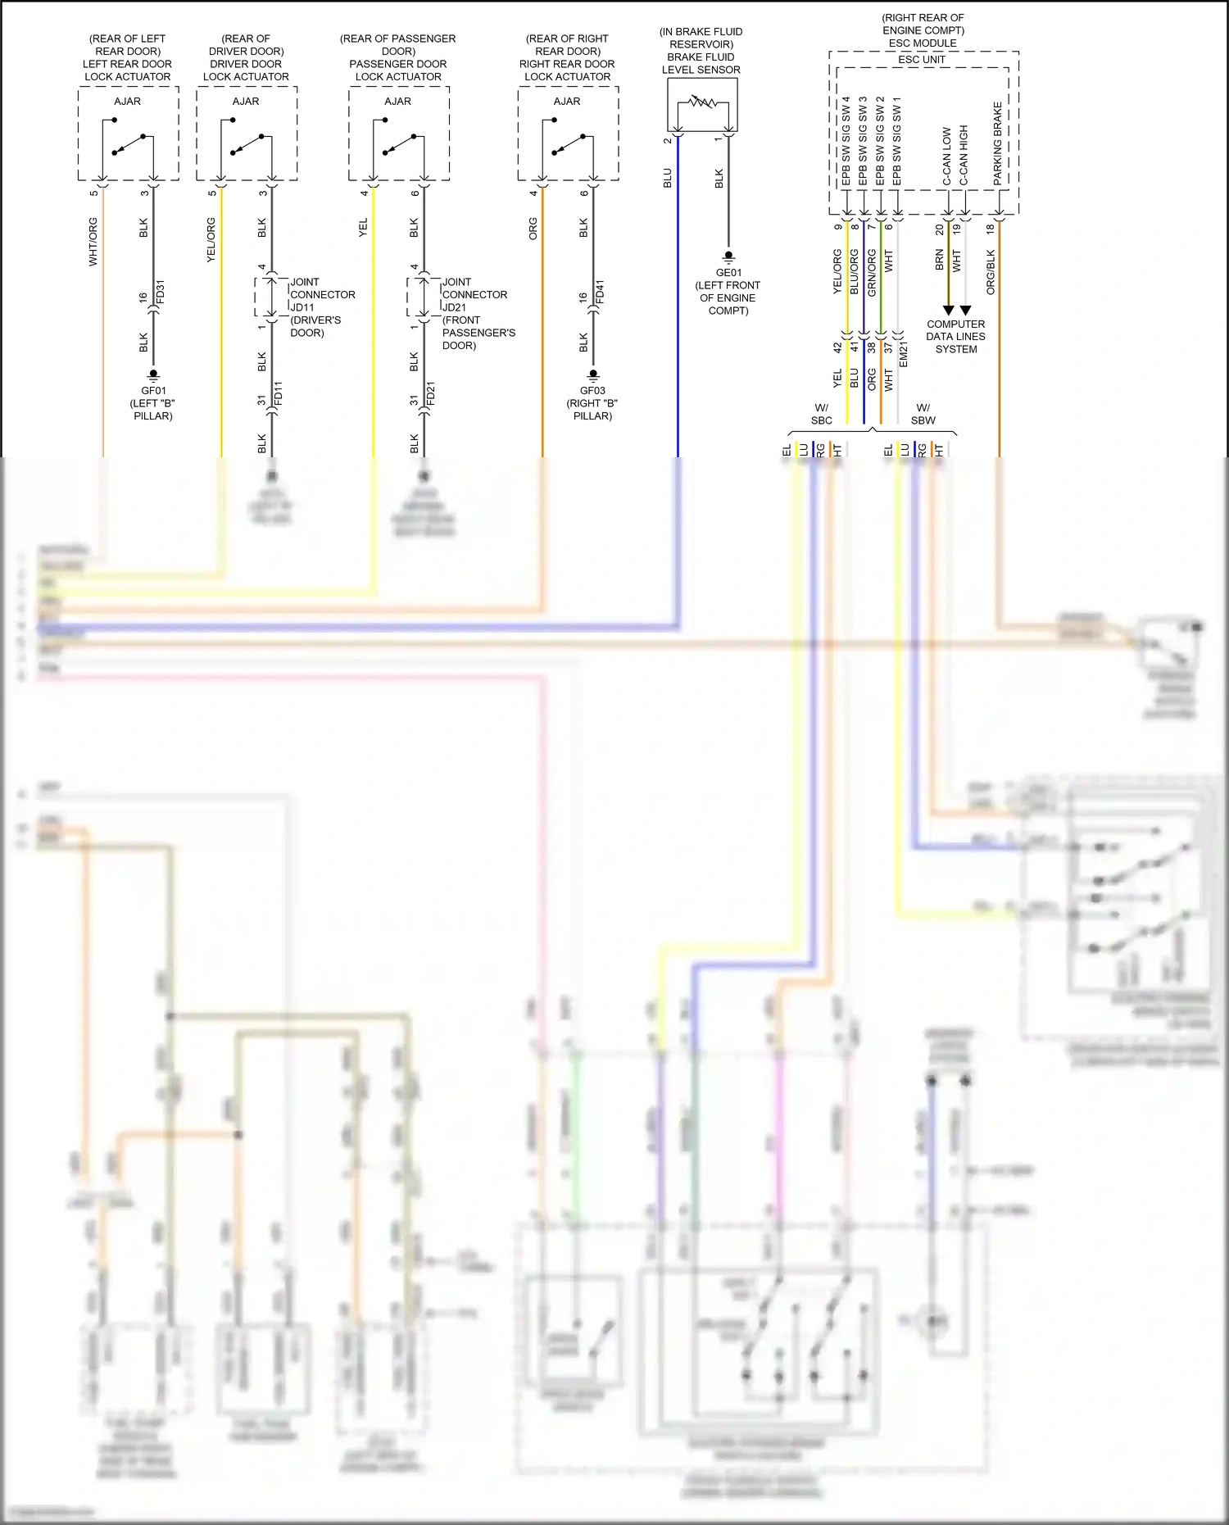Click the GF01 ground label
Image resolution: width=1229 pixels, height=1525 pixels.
click(x=153, y=391)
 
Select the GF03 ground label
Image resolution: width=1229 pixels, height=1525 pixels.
click(x=592, y=391)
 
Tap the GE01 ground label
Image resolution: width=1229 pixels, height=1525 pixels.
click(x=728, y=273)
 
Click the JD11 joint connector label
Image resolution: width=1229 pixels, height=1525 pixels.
click(x=302, y=307)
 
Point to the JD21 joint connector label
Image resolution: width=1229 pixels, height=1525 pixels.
click(x=454, y=307)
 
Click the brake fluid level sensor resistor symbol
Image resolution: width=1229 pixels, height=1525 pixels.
click(x=701, y=103)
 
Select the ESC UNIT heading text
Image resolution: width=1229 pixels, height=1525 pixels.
click(x=922, y=60)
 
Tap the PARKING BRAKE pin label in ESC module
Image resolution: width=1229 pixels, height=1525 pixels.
click(x=997, y=143)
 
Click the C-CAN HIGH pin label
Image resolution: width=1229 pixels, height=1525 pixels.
click(x=964, y=156)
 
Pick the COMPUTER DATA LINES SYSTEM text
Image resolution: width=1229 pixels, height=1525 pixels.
click(x=955, y=336)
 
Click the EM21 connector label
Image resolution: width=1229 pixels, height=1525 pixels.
click(x=904, y=354)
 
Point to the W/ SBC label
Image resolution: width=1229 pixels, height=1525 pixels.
click(x=821, y=414)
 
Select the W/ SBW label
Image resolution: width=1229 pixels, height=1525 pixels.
click(x=923, y=414)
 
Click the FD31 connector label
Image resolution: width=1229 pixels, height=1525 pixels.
click(x=161, y=291)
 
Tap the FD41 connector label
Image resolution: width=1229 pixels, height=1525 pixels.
click(x=600, y=291)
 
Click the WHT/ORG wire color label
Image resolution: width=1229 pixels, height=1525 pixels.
click(x=93, y=242)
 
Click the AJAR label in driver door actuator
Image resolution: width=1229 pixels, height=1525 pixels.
click(x=246, y=102)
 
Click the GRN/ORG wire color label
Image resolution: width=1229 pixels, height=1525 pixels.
click(x=872, y=273)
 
